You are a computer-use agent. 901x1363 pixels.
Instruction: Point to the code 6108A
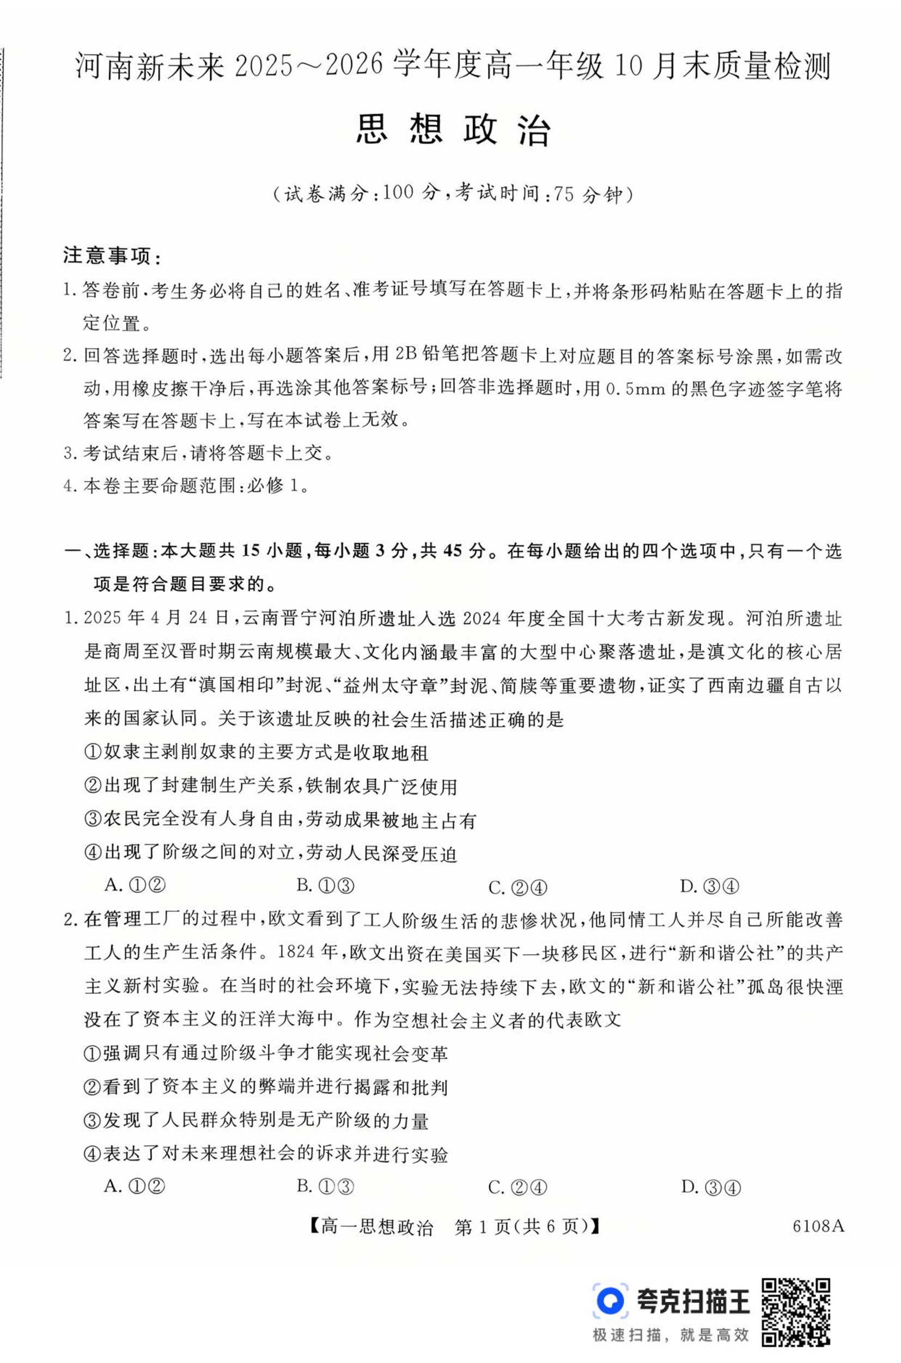tap(818, 1226)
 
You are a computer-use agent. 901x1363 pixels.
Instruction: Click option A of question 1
tap(135, 885)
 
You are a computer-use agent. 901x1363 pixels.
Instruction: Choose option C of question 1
tap(517, 887)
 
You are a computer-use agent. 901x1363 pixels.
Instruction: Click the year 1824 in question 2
tap(296, 951)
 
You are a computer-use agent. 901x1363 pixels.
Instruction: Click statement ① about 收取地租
tap(256, 752)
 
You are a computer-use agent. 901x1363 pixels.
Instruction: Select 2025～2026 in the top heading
tap(308, 65)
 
